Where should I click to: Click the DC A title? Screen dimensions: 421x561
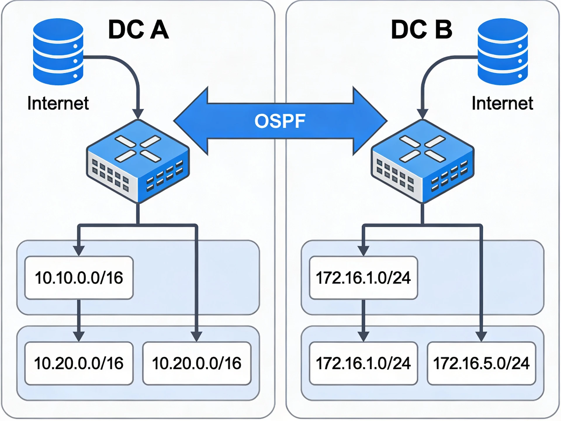point(138,30)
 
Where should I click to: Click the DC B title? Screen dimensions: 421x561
point(422,30)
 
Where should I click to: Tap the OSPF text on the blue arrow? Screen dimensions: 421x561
point(280,121)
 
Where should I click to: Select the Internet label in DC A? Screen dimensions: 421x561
point(58,103)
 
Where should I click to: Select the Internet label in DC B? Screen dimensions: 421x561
point(502,103)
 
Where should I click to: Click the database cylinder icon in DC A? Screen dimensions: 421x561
point(58,52)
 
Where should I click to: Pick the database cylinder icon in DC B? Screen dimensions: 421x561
point(503,52)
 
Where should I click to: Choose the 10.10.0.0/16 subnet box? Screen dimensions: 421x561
point(79,278)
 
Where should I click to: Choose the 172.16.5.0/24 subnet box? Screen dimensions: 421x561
point(481,363)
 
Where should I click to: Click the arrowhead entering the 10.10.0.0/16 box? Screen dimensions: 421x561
point(79,251)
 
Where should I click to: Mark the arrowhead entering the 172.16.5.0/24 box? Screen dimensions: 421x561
point(481,337)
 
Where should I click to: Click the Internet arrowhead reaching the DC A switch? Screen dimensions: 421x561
point(138,114)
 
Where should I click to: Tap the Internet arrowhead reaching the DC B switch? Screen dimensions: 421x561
point(423,114)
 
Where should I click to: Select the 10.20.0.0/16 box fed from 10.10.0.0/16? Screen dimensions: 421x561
point(79,363)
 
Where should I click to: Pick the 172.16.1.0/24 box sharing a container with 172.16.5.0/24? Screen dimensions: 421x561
point(363,363)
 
